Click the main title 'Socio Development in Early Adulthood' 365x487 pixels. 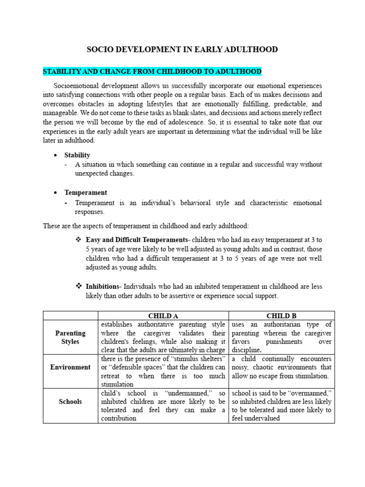182,49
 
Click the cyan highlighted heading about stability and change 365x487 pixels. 152,71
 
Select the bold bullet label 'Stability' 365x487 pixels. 77,155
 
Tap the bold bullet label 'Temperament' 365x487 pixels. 86,193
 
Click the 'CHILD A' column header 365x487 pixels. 163,315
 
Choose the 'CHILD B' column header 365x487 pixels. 281,315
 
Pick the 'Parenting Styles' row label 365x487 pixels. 70,337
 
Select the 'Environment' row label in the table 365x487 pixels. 70,367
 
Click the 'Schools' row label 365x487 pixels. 70,401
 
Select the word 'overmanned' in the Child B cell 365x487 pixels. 311,393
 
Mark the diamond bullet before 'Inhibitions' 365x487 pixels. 79,286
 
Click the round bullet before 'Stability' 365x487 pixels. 56,156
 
